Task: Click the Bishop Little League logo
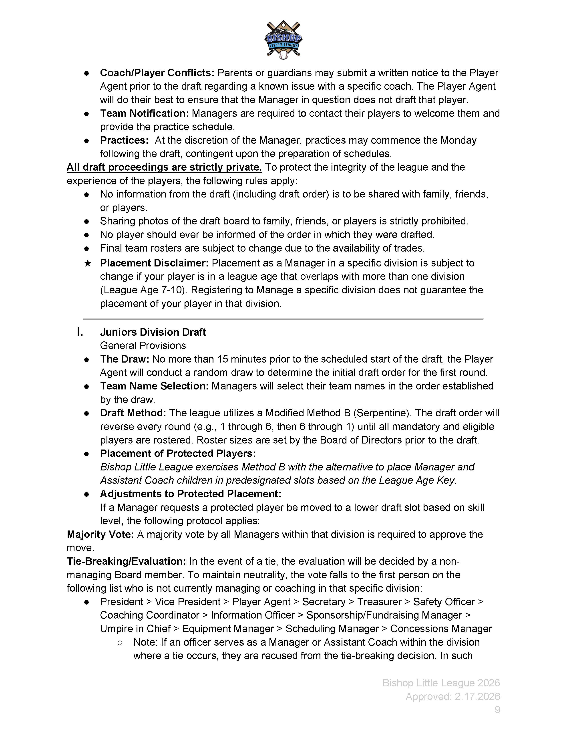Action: (283, 40)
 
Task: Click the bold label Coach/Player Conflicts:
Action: (157, 73)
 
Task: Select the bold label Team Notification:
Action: (145, 113)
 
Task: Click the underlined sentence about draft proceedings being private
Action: (164, 167)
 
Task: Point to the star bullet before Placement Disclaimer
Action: (87, 263)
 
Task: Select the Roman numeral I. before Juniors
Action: (80, 332)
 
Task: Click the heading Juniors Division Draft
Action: (153, 332)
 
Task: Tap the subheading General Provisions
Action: (143, 345)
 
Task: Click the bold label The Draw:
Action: (125, 359)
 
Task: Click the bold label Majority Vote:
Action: (100, 534)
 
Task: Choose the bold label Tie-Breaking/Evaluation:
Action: (126, 561)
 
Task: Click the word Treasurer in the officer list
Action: (379, 602)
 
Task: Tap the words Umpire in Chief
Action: (135, 629)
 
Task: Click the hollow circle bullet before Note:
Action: (120, 642)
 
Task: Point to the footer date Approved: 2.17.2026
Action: (453, 696)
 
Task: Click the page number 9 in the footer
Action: (497, 710)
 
